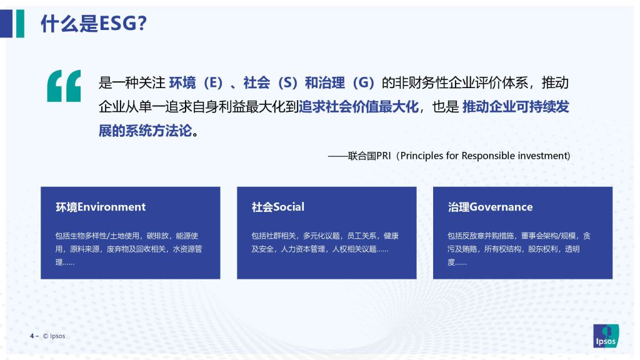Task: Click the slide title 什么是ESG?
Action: (94, 23)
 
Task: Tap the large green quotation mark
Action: (64, 86)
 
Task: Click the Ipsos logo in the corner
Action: (606, 336)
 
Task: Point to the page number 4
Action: (32, 336)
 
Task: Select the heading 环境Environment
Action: (101, 207)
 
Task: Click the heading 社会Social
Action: (278, 207)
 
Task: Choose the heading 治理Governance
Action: (490, 207)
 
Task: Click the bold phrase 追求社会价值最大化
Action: (358, 107)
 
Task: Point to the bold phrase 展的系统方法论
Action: (145, 131)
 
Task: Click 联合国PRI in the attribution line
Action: (369, 156)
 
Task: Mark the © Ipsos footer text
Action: (54, 336)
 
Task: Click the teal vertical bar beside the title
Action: (20, 24)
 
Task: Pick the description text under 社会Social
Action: (325, 242)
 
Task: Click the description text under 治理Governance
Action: (519, 249)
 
